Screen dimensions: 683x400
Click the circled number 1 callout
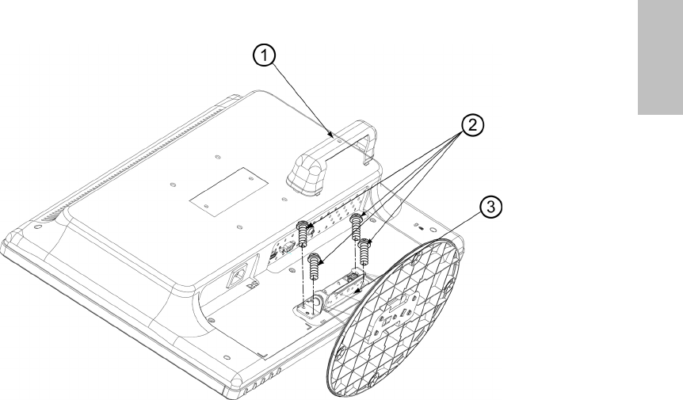tap(265, 56)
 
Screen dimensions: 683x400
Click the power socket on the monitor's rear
tap(238, 276)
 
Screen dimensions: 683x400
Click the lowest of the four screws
tap(315, 266)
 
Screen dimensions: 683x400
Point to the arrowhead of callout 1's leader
tap(333, 135)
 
